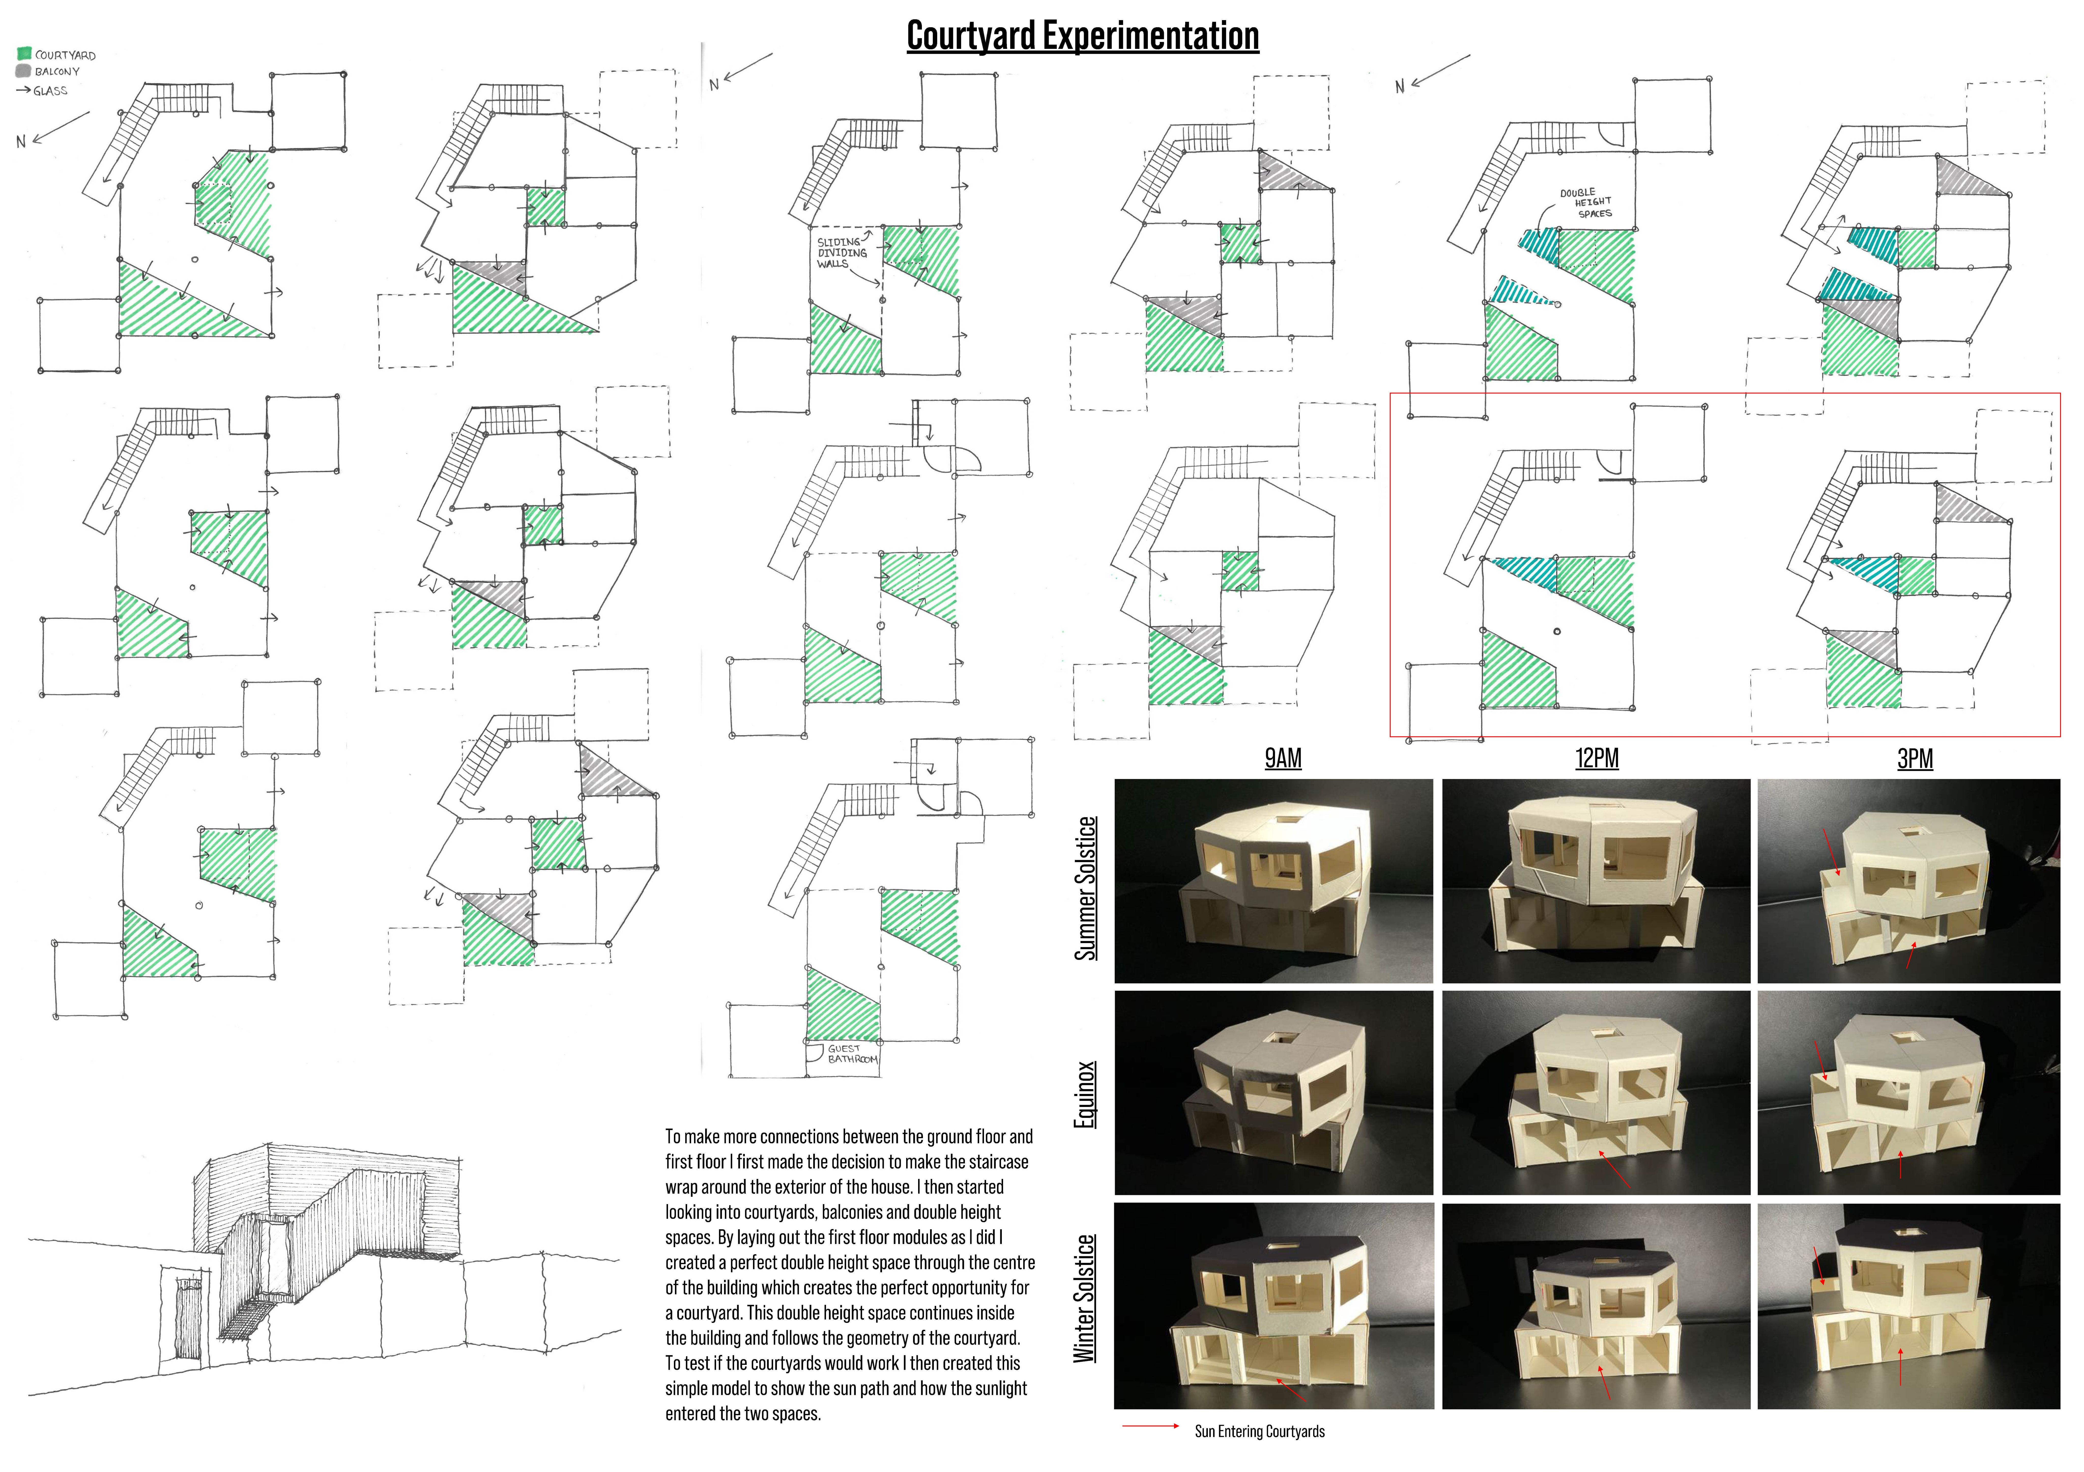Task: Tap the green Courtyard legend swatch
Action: tap(24, 53)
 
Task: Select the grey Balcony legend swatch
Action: tap(24, 71)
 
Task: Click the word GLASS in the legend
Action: tap(51, 91)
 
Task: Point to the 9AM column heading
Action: tap(1283, 759)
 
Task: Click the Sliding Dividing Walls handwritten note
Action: tap(841, 253)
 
